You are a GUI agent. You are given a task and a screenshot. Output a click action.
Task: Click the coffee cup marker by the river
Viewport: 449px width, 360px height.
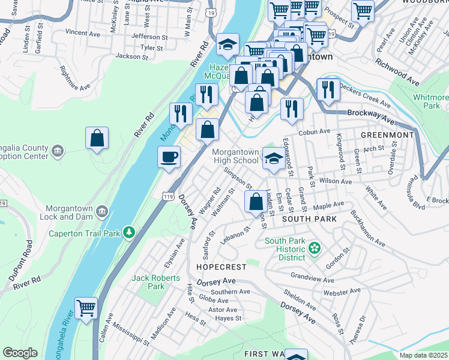point(169,157)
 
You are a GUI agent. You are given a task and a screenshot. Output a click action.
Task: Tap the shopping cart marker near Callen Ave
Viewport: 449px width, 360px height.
point(86,308)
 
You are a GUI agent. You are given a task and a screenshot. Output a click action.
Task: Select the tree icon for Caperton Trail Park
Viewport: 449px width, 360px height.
point(128,232)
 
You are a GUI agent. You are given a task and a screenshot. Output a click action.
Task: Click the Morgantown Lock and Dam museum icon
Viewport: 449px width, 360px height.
point(101,211)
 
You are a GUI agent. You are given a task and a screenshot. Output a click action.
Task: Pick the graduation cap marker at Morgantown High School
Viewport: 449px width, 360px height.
point(273,159)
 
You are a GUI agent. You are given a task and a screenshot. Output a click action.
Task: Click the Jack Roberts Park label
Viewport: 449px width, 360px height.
point(156,282)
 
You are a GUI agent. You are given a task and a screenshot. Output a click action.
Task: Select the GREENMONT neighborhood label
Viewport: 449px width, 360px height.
point(387,135)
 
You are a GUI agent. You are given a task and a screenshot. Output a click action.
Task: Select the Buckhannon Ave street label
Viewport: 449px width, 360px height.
point(367,228)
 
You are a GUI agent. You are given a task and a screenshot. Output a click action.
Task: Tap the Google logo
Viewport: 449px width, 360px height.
point(20,353)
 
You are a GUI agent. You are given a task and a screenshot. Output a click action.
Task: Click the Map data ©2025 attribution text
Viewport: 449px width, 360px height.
point(423,355)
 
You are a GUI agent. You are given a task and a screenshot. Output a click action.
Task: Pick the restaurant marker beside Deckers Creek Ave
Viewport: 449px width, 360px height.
point(328,90)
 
